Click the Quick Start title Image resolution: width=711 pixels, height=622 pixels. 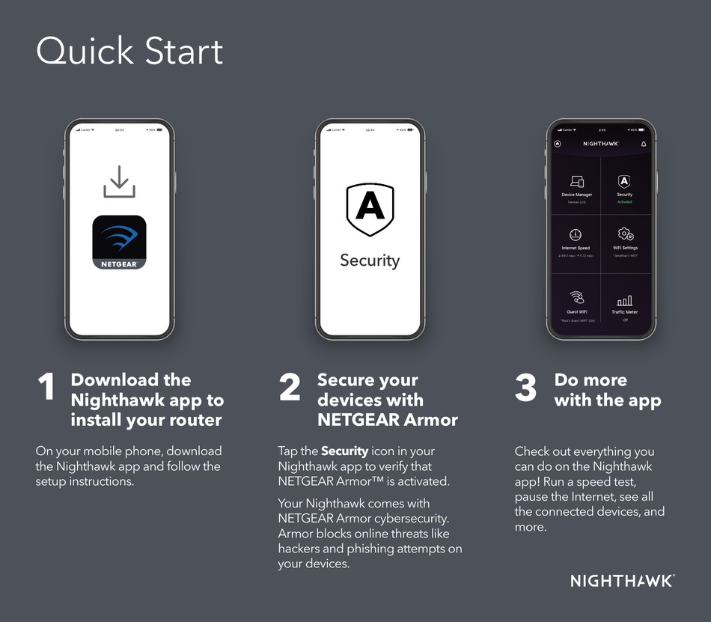click(129, 52)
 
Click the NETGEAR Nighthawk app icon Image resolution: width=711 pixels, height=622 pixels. click(120, 242)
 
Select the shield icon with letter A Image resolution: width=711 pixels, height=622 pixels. click(370, 209)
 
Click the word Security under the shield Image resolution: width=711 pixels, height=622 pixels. click(370, 260)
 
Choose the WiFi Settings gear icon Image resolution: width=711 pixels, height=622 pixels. click(625, 234)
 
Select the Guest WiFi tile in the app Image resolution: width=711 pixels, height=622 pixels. click(576, 304)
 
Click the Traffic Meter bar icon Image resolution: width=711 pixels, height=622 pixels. click(625, 300)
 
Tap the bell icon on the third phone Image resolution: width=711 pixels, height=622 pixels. click(644, 144)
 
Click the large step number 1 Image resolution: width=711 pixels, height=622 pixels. click(46, 388)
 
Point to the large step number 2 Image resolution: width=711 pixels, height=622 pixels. click(290, 388)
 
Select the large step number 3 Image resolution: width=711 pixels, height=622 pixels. click(526, 388)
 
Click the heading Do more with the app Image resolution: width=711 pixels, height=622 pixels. click(607, 390)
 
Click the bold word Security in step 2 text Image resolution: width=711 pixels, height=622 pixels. click(344, 451)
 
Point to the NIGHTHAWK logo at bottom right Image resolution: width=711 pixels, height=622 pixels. click(623, 581)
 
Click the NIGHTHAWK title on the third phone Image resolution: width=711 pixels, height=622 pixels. click(601, 144)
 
